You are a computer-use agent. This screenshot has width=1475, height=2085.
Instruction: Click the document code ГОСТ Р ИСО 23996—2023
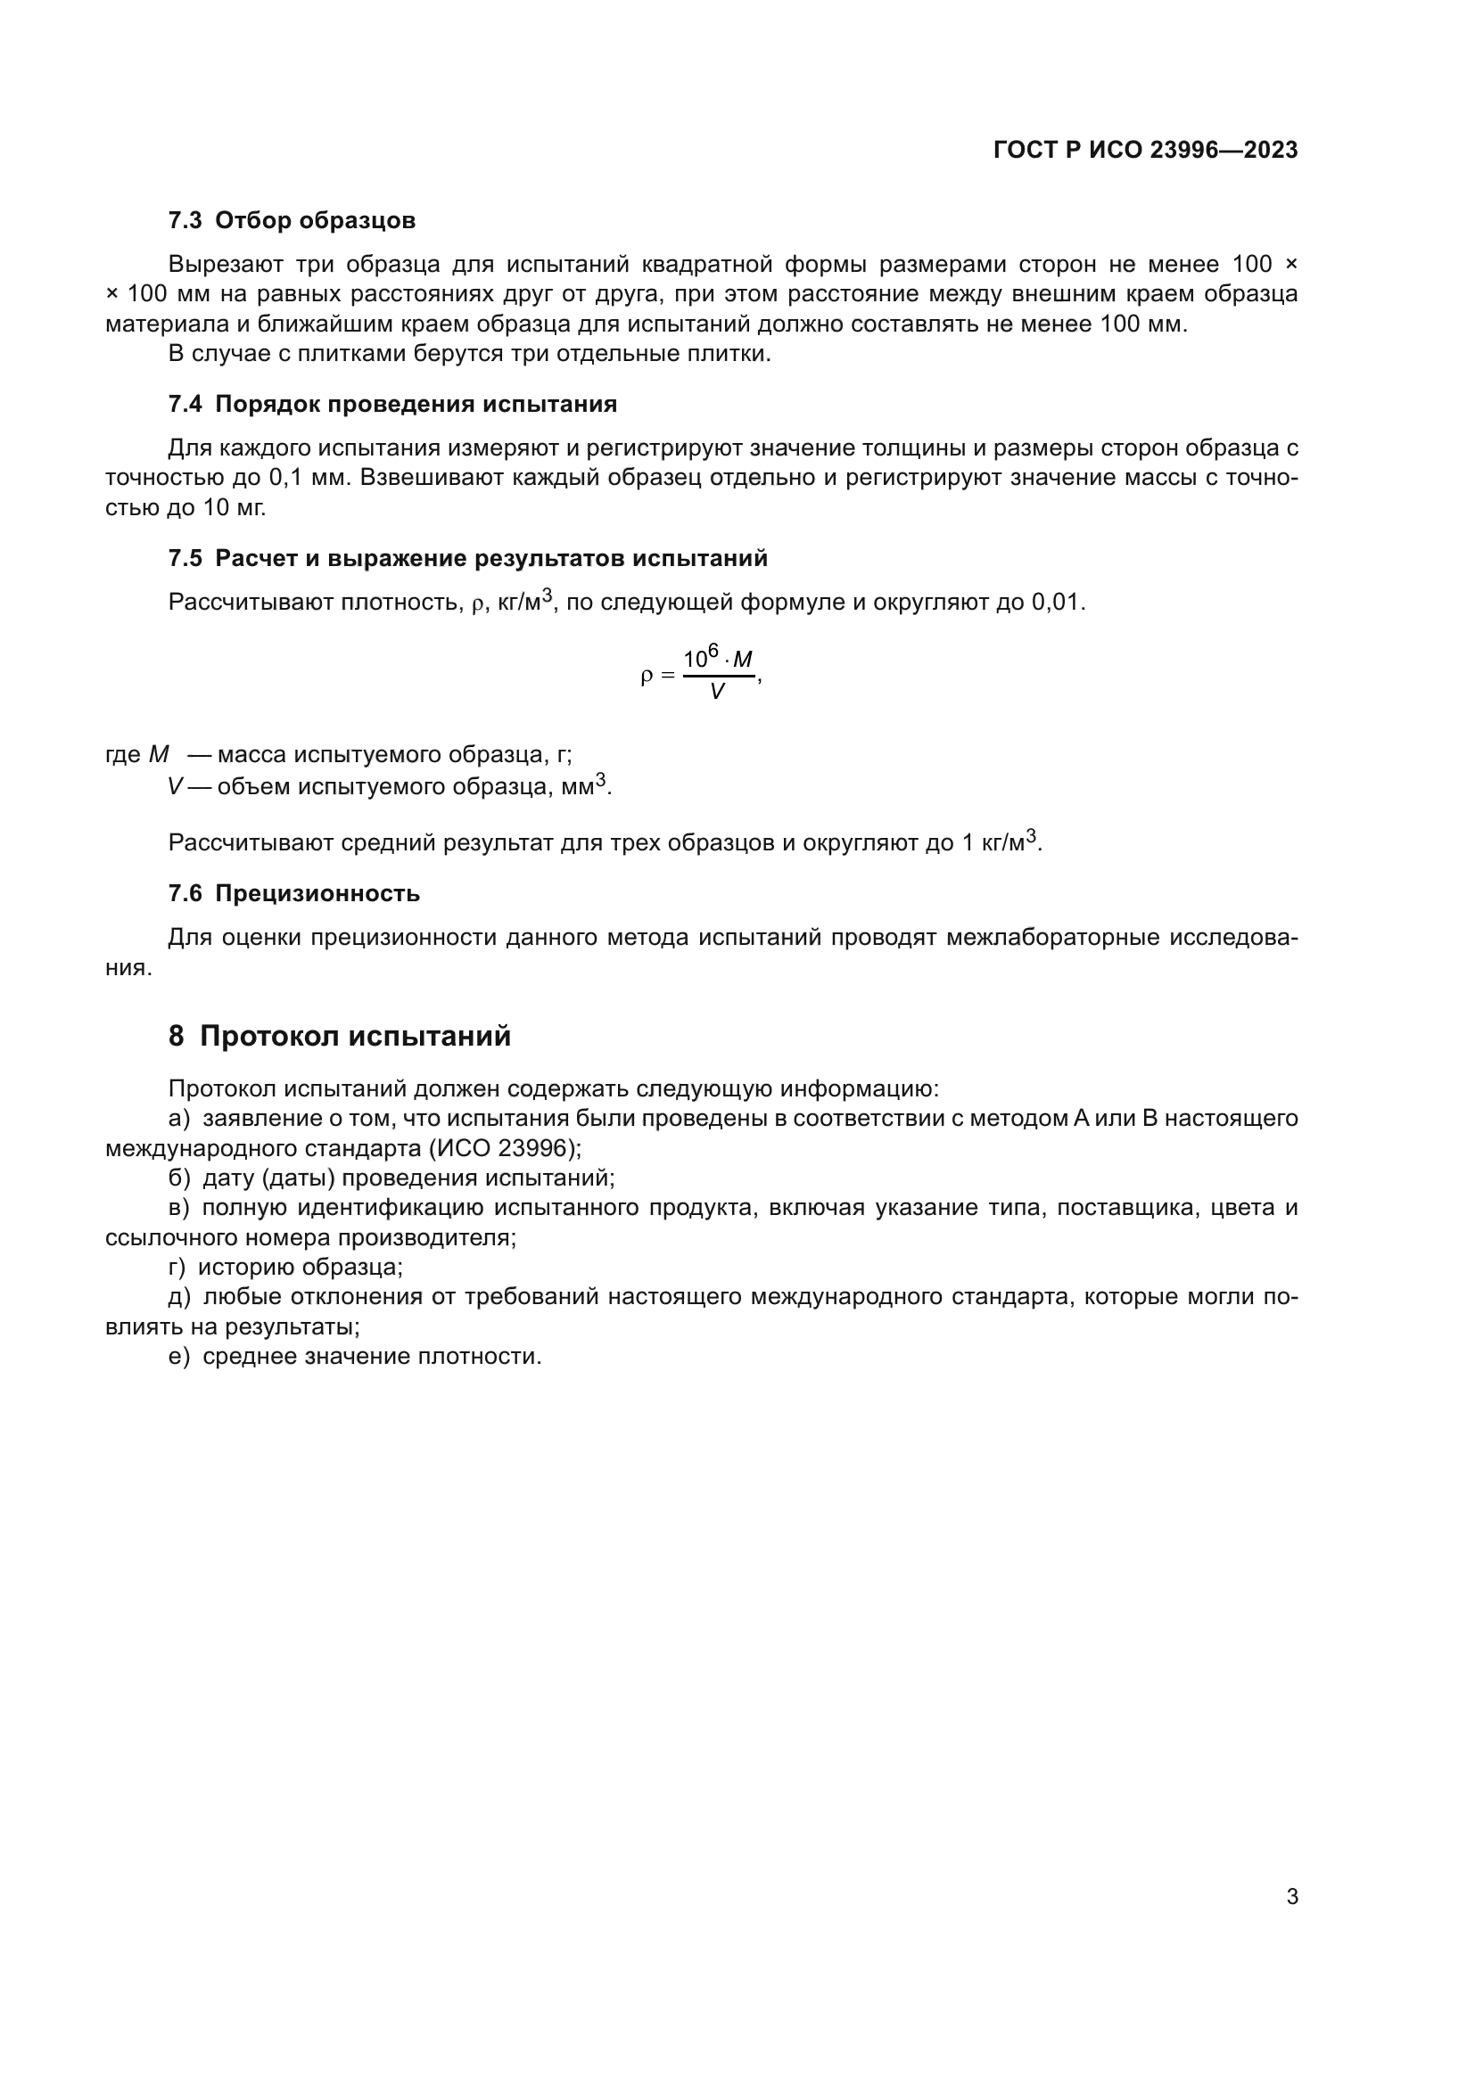pyautogui.click(x=1145, y=150)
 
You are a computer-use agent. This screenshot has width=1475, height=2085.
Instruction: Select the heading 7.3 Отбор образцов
pyautogui.click(x=292, y=220)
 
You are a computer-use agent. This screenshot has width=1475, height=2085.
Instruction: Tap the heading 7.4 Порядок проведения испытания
pyautogui.click(x=392, y=404)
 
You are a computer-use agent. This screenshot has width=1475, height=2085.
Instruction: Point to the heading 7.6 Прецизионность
pyautogui.click(x=294, y=892)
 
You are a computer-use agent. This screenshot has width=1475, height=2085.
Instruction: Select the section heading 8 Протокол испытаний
pyautogui.click(x=340, y=1035)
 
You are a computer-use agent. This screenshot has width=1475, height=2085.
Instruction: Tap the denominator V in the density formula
pyautogui.click(x=717, y=692)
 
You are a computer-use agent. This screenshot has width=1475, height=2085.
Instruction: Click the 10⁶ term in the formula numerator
pyautogui.click(x=700, y=657)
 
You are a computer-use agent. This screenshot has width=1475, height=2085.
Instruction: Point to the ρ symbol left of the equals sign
pyautogui.click(x=647, y=676)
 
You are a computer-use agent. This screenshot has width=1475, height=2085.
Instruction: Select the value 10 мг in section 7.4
pyautogui.click(x=234, y=507)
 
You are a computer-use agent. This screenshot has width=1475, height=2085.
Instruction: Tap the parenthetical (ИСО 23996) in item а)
pyautogui.click(x=505, y=1148)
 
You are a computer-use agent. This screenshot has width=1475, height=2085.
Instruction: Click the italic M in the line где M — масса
pyautogui.click(x=159, y=755)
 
